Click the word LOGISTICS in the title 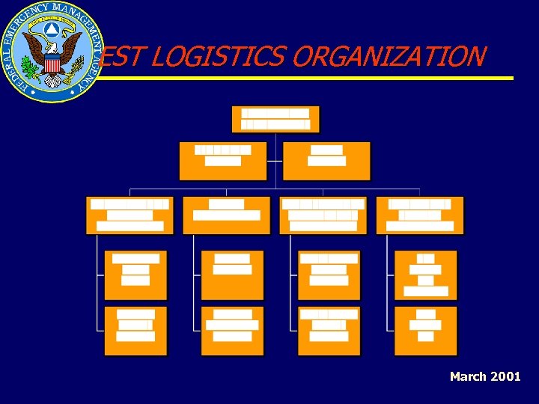(x=198, y=56)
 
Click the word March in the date (x=468, y=376)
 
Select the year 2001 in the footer (x=505, y=376)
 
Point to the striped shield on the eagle (x=52, y=63)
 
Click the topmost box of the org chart (x=275, y=119)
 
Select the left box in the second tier (x=222, y=160)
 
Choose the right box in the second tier (x=327, y=160)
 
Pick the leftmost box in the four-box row (x=130, y=215)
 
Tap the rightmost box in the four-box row (x=420, y=215)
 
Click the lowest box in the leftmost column (x=135, y=331)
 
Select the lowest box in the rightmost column (x=425, y=331)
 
